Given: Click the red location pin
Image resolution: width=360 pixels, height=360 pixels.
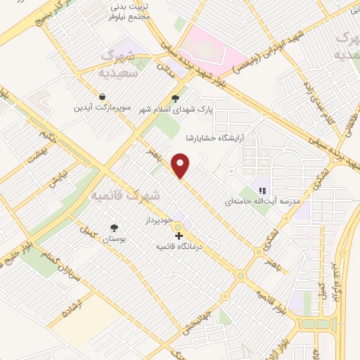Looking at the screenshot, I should pyautogui.click(x=181, y=166).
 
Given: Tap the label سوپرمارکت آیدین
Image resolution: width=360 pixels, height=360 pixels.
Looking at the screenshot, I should pyautogui.click(x=104, y=109).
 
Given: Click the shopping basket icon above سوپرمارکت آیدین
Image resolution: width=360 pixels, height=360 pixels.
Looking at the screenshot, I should pyautogui.click(x=103, y=97).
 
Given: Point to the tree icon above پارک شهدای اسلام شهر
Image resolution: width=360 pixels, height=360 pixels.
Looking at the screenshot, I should pyautogui.click(x=175, y=99).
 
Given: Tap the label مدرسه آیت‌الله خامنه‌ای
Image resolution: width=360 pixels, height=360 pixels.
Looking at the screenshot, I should pyautogui.click(x=262, y=201).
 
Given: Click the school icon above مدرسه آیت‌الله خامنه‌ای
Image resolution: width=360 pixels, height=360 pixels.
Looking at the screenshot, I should pyautogui.click(x=262, y=190).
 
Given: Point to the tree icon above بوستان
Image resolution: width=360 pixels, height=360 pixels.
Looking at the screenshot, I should pyautogui.click(x=114, y=228).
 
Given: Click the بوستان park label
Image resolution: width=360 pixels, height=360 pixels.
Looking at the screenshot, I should pyautogui.click(x=114, y=240).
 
